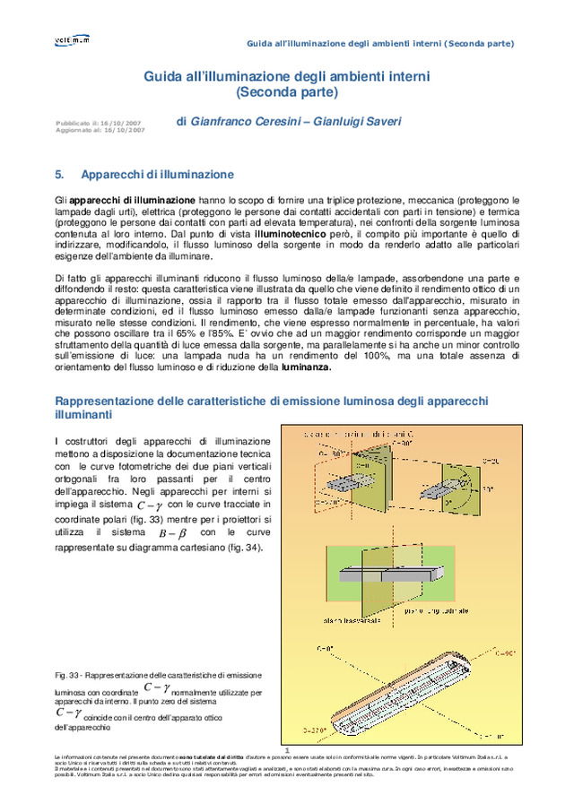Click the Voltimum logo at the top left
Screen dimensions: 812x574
(71, 40)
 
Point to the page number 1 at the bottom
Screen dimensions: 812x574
(286, 751)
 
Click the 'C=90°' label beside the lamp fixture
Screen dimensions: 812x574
(506, 654)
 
